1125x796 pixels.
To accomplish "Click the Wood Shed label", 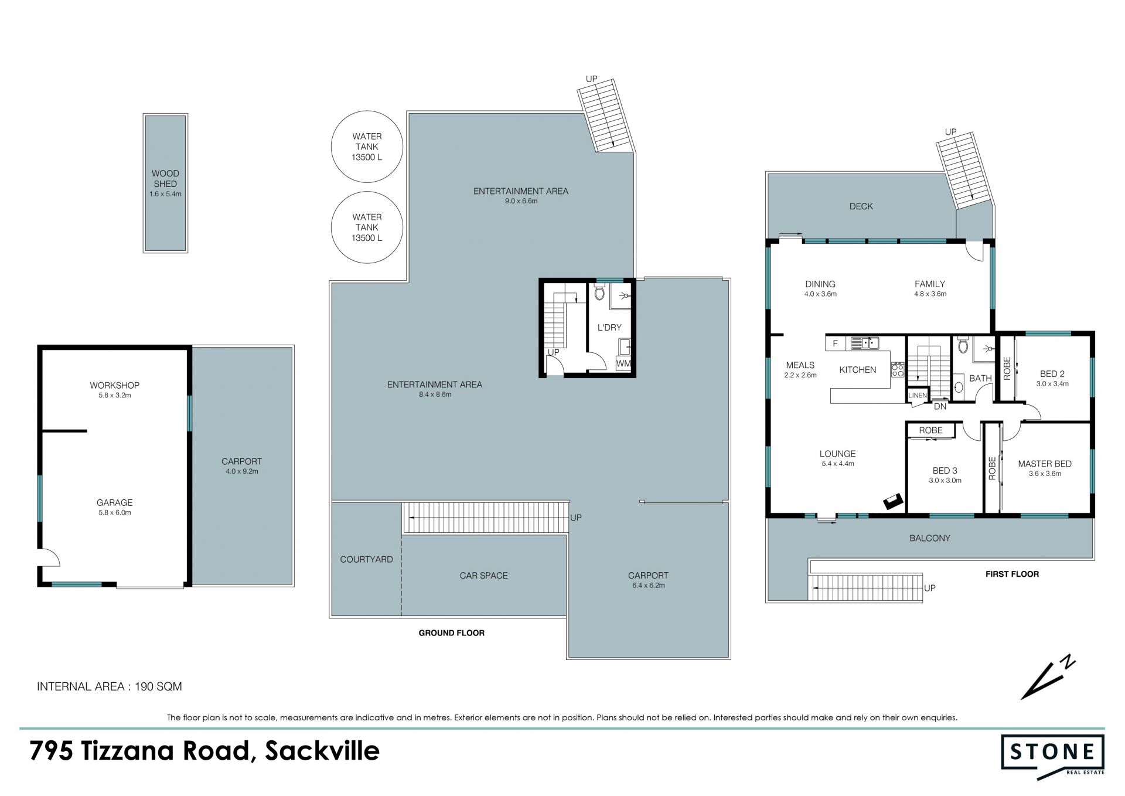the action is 165,178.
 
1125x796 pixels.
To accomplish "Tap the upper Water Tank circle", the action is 367,147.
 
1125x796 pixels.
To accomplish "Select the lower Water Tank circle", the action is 367,227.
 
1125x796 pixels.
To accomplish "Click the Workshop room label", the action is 114,385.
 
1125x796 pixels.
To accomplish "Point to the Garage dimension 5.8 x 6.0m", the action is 114,513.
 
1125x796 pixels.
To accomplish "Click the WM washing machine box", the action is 623,363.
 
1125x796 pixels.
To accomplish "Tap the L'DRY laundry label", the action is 609,327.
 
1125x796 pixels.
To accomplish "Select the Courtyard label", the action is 366,559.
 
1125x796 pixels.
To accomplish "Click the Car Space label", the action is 483,576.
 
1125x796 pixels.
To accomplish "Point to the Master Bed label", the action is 1045,464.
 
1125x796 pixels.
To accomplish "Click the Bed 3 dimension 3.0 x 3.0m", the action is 945,481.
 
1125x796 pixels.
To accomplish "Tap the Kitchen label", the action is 858,370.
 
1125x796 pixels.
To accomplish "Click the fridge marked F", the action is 836,343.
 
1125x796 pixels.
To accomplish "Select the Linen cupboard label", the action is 918,396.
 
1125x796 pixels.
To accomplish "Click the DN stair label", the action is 940,406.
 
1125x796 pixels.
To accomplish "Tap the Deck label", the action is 861,206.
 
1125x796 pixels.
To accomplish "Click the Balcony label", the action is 930,538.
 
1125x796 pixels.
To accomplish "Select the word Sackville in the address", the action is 322,751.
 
